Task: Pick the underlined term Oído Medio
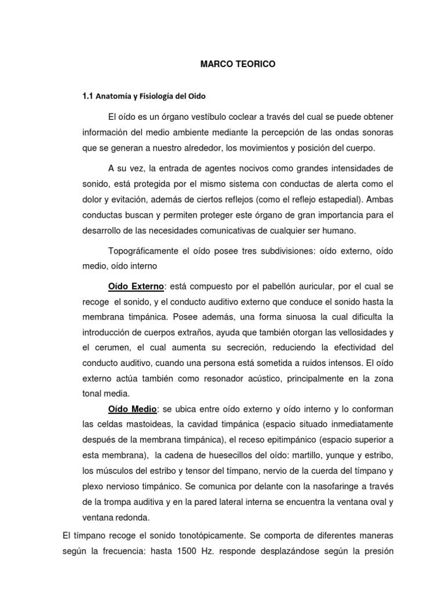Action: [133, 409]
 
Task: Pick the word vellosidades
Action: [362, 332]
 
